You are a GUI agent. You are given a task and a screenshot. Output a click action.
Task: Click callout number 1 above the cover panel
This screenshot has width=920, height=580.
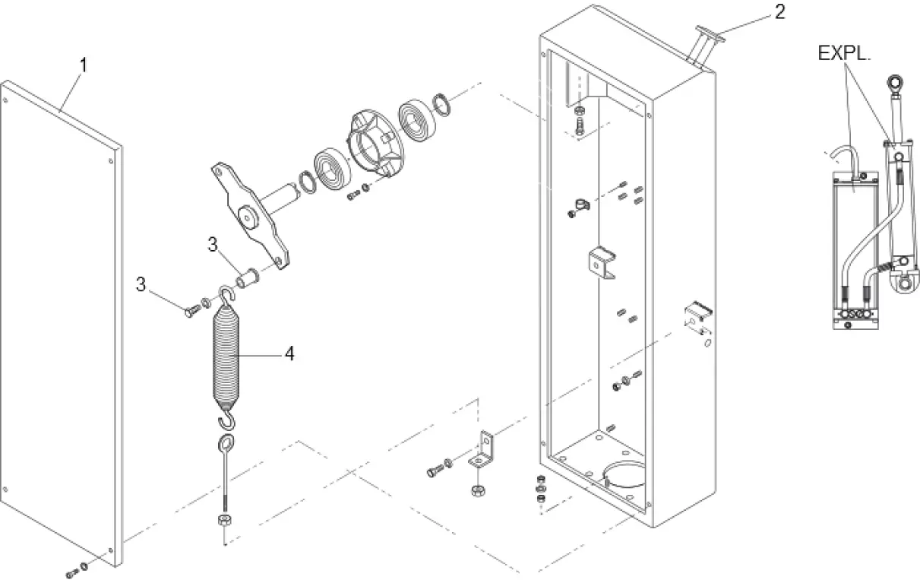pyautogui.click(x=84, y=65)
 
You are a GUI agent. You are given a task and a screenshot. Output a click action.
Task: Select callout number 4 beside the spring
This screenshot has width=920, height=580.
pyautogui.click(x=289, y=354)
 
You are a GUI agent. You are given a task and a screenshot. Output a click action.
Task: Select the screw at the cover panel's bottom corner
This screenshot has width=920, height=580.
pyautogui.click(x=73, y=569)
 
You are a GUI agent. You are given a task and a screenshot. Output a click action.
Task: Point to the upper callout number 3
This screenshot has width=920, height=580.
pyautogui.click(x=213, y=246)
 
